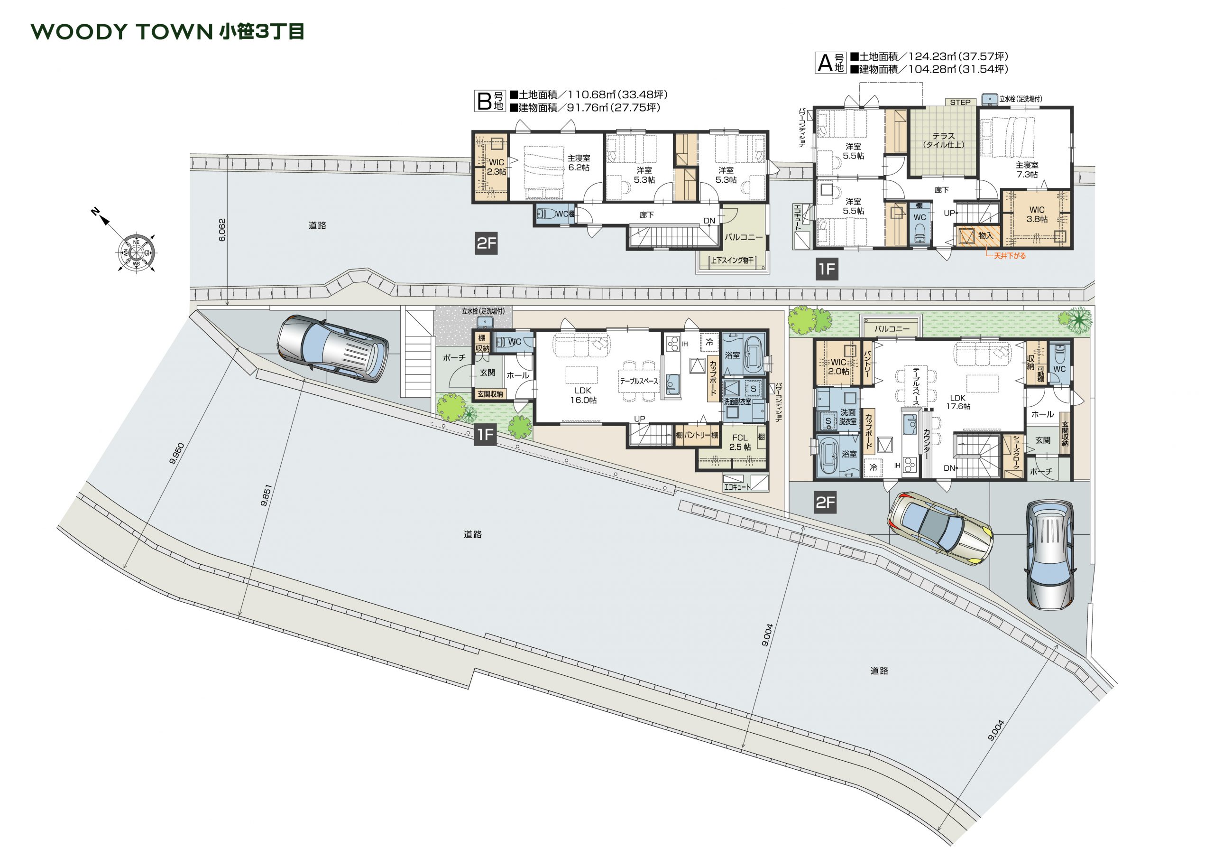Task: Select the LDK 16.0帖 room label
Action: [583, 395]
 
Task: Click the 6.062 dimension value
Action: [222, 230]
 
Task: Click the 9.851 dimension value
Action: [266, 495]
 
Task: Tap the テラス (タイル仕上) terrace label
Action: [943, 140]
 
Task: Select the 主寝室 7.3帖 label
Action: [1027, 170]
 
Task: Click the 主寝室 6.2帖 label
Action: [579, 163]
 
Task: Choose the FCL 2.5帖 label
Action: [740, 442]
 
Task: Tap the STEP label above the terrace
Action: [960, 103]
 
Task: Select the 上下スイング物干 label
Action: [732, 260]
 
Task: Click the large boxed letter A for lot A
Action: [825, 63]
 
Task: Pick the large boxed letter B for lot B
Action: [484, 101]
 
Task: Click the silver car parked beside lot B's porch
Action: [332, 347]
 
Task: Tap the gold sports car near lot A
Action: [939, 528]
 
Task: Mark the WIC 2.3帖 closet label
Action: [497, 167]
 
